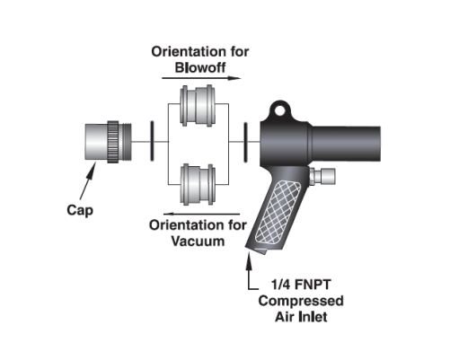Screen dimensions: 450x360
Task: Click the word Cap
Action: pyautogui.click(x=80, y=210)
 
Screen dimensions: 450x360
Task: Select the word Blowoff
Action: pyautogui.click(x=200, y=67)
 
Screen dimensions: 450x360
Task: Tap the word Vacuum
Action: pyautogui.click(x=198, y=241)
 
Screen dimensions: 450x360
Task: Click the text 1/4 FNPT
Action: pyautogui.click(x=301, y=285)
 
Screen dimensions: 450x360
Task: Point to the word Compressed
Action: pyautogui.click(x=301, y=301)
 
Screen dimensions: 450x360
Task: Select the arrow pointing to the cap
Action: pyautogui.click(x=88, y=180)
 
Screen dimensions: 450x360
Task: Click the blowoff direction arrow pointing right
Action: pyautogui.click(x=201, y=78)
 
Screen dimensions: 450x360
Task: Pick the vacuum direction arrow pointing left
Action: pyautogui.click(x=201, y=214)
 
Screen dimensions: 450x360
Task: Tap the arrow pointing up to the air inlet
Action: pyautogui.click(x=249, y=269)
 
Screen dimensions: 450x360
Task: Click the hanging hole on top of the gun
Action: pyautogui.click(x=280, y=110)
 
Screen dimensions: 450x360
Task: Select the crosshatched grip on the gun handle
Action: pyautogui.click(x=278, y=212)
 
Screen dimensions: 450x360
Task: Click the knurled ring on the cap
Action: pyautogui.click(x=113, y=142)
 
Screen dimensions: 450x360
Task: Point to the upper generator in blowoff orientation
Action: pyautogui.click(x=197, y=104)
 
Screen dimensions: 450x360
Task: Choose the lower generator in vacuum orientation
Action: pyautogui.click(x=198, y=184)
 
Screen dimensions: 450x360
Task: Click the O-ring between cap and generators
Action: pyautogui.click(x=152, y=141)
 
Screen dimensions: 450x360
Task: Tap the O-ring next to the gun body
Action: pyautogui.click(x=245, y=143)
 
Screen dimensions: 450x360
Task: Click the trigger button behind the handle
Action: pyautogui.click(x=322, y=176)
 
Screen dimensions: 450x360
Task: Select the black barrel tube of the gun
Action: pyautogui.click(x=346, y=144)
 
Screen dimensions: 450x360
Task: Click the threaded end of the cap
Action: pyautogui.click(x=125, y=142)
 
